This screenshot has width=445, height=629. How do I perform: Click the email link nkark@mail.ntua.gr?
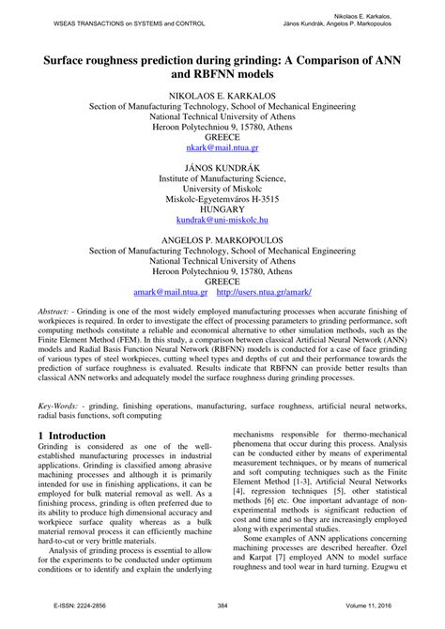coord(222,146)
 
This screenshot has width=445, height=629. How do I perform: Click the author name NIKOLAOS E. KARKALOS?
coord(222,96)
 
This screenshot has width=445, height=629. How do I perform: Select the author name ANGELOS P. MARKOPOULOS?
coord(222,241)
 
